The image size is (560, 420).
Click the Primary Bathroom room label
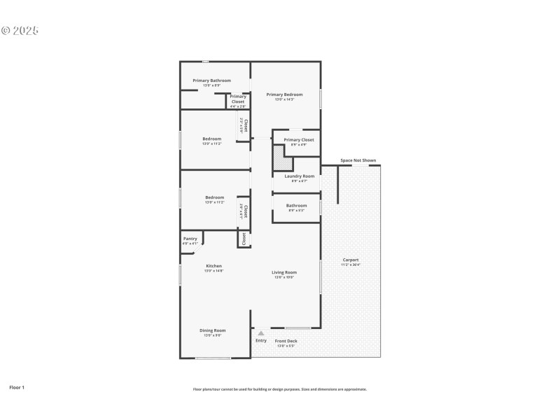(212, 80)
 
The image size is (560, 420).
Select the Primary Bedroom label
(284, 94)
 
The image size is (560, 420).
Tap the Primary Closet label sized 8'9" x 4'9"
(299, 140)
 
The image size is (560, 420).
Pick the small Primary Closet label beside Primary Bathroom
(238, 99)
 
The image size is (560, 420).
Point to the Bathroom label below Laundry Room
(296, 206)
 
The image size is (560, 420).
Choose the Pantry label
(190, 239)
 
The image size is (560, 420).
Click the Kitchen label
(213, 266)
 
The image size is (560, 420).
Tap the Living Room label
(284, 272)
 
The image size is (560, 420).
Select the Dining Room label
(212, 330)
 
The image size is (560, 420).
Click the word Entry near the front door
(261, 341)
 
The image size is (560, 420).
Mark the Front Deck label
(286, 341)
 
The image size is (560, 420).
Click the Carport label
(350, 260)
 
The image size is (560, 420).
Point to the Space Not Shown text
(358, 160)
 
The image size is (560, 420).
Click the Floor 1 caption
(17, 386)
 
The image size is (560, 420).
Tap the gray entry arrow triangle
(261, 333)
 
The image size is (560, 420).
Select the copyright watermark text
(20, 31)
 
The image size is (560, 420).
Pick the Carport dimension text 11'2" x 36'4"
(350, 265)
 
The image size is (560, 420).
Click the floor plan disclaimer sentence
(280, 389)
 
